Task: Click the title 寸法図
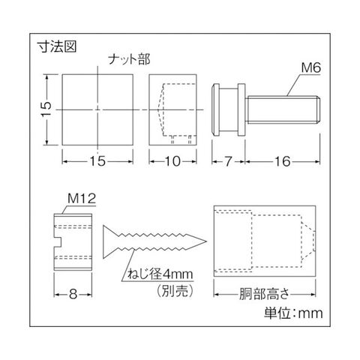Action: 57,46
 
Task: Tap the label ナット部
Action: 129,60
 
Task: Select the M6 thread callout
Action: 310,67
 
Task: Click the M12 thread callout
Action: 82,199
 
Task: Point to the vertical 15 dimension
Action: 46,109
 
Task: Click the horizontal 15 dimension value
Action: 97,161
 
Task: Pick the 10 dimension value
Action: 172,161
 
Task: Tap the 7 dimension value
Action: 227,161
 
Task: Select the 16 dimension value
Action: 283,161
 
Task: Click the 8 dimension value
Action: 73,294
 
